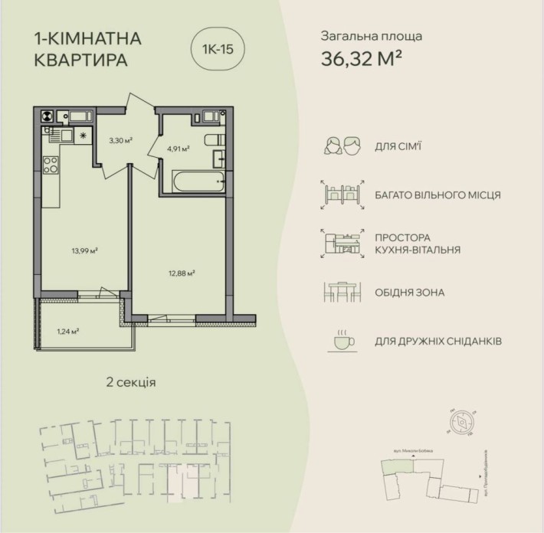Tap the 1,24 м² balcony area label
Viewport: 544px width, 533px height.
click(69, 332)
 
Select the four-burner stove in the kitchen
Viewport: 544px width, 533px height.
click(51, 165)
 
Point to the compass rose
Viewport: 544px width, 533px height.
click(463, 420)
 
